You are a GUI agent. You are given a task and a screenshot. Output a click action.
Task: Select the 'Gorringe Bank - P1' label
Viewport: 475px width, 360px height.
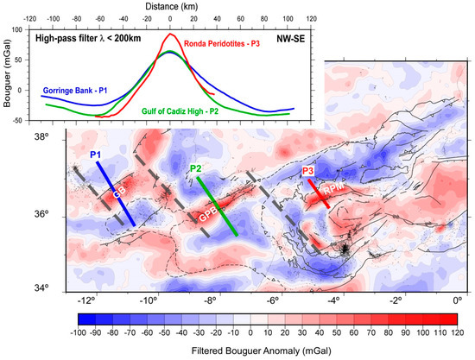(x=80, y=90)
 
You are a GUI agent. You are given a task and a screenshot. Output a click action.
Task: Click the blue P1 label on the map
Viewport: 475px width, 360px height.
(x=96, y=155)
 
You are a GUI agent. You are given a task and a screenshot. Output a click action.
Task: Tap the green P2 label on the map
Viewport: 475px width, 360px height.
(x=196, y=168)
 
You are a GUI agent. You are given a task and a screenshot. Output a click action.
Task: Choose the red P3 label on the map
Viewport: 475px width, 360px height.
(x=308, y=172)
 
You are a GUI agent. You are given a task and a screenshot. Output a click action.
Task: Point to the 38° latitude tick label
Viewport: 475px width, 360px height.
(x=54, y=137)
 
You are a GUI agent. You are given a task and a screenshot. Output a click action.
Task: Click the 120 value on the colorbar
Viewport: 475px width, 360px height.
(x=458, y=332)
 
